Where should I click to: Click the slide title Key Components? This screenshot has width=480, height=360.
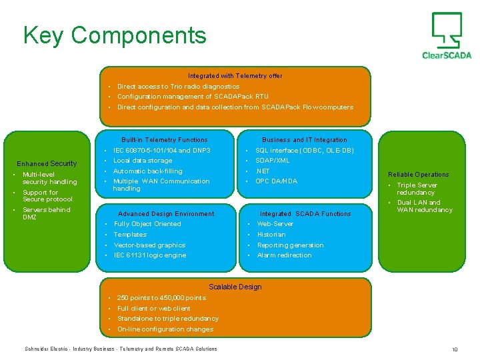115,35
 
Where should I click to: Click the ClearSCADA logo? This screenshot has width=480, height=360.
446,36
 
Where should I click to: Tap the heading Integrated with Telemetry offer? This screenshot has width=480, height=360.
235,76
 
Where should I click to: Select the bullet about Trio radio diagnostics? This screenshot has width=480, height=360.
178,87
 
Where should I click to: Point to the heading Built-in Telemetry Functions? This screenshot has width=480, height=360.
164,140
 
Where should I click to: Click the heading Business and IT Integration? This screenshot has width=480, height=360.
304,140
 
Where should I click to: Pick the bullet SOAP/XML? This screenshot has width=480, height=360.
273,161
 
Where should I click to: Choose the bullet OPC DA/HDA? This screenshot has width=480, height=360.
276,181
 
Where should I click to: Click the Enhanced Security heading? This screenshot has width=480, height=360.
47,163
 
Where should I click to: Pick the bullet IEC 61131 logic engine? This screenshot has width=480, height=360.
150,255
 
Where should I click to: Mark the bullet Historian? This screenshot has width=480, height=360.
271,235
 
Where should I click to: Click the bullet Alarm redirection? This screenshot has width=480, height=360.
284,255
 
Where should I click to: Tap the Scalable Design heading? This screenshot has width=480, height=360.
235,287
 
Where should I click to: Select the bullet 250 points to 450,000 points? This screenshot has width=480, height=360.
161,298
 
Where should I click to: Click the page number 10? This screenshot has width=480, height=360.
455,349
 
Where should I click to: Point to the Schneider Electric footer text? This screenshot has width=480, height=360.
121,349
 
